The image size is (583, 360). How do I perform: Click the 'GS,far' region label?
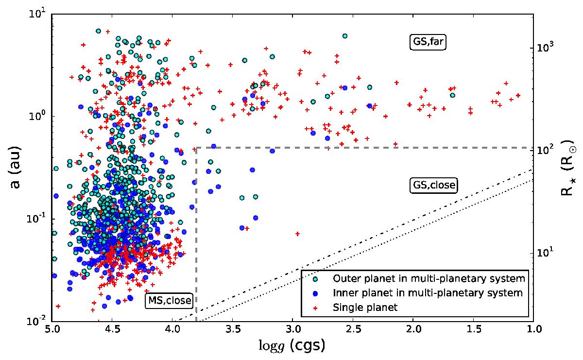pos(428,43)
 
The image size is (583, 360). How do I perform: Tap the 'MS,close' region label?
pos(169,301)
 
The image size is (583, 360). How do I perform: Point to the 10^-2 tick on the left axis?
pos(36,321)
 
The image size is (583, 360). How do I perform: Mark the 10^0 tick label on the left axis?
pos(37,117)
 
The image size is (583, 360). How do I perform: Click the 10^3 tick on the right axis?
pos(547,48)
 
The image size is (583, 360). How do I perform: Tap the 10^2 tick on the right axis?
pos(547,150)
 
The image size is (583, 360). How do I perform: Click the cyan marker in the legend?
pos(316,279)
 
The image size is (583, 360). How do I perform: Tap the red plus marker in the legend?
pos(316,307)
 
